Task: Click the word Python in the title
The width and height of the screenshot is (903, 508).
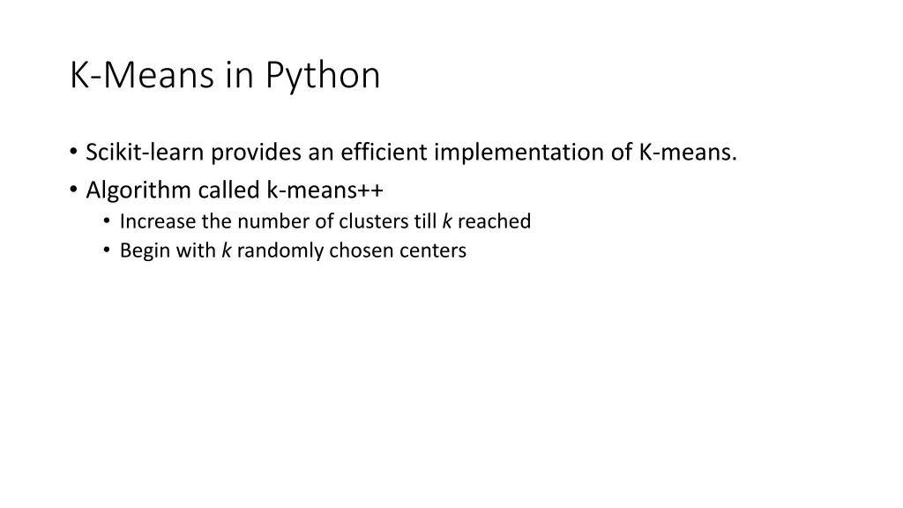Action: click(x=323, y=77)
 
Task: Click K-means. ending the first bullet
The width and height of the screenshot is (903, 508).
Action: click(x=687, y=153)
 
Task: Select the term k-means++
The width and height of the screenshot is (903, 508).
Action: click(x=325, y=190)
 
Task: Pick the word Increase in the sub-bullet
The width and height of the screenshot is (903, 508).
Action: click(x=158, y=221)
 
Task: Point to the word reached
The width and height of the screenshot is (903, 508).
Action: click(x=494, y=221)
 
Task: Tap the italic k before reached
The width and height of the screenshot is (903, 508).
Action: click(x=447, y=221)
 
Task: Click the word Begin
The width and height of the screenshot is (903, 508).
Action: click(x=142, y=250)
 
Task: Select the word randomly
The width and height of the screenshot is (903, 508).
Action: click(x=280, y=250)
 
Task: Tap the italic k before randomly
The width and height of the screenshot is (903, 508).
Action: click(x=226, y=250)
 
